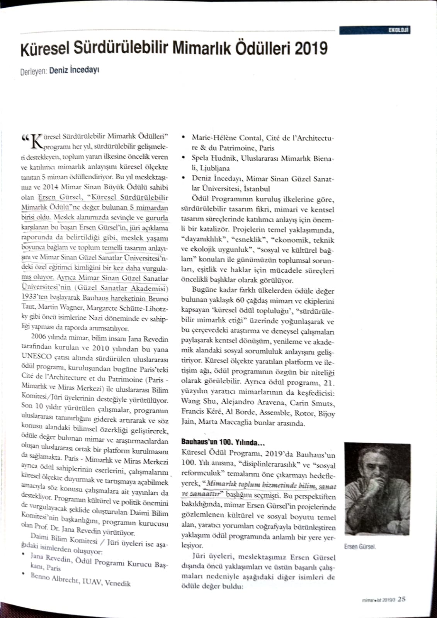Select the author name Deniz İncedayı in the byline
75,71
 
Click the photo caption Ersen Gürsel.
359,547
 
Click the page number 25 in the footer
401,599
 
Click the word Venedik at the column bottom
117,583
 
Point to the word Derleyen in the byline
34,71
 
